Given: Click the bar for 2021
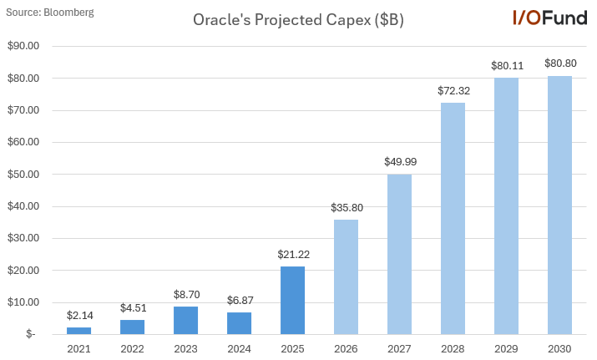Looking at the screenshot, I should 79,331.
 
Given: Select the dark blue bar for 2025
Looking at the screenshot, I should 292,301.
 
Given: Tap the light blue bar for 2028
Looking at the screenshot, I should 453,219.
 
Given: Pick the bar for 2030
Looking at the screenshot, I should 559,205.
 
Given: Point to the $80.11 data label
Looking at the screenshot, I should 506,64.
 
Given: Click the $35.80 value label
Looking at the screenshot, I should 346,207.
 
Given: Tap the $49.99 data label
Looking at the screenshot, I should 399,161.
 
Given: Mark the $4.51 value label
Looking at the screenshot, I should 133,307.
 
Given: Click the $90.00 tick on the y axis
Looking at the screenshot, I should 23,46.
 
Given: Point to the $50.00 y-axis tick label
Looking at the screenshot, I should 23,175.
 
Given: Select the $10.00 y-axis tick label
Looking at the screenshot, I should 23,302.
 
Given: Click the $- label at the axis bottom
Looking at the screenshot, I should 31,334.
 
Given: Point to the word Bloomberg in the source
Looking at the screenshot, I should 68,12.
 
